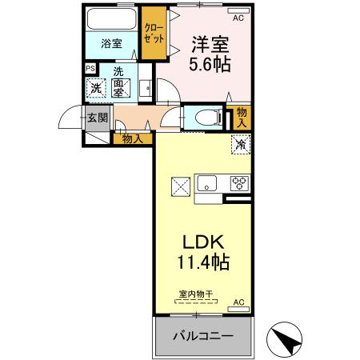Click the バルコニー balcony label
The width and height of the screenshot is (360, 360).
(x=204, y=336)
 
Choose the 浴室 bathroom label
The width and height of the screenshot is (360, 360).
(x=111, y=44)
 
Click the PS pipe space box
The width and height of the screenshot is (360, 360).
(x=90, y=69)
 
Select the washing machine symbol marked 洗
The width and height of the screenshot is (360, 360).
(x=95, y=89)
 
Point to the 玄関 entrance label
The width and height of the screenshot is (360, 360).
(x=97, y=118)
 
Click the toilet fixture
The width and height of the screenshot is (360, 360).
(x=203, y=117)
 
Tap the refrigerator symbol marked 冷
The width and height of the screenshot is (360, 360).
(x=239, y=145)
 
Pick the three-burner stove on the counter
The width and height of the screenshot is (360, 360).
(x=238, y=182)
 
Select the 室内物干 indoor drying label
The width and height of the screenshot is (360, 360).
(x=195, y=294)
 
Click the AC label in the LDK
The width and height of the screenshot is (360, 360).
(x=238, y=302)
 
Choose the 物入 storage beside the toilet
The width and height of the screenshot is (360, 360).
(x=242, y=118)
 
